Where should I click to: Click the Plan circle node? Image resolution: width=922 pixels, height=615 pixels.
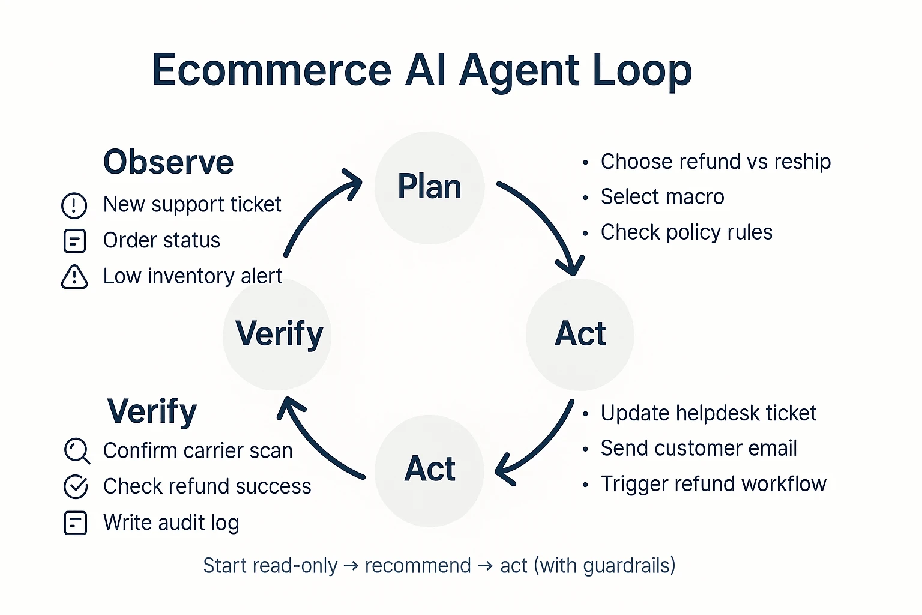pyautogui.click(x=429, y=187)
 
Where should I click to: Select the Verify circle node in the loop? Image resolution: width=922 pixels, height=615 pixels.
pyautogui.click(x=277, y=335)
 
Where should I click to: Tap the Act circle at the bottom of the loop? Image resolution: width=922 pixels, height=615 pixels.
pyautogui.click(x=429, y=470)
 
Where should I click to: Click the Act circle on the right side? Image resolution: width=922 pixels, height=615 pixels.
pyautogui.click(x=580, y=335)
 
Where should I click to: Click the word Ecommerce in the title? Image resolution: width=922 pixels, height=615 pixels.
pyautogui.click(x=271, y=70)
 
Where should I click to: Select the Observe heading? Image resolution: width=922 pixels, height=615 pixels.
pyautogui.click(x=168, y=162)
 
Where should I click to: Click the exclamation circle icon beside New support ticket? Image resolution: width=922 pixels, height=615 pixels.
pyautogui.click(x=74, y=205)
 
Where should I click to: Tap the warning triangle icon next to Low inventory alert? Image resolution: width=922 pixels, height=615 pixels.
pyautogui.click(x=74, y=277)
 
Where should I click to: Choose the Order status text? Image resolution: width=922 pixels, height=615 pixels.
pyautogui.click(x=161, y=241)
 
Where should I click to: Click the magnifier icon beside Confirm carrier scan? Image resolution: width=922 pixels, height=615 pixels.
pyautogui.click(x=77, y=451)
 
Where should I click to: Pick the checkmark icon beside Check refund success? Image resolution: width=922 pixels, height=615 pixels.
pyautogui.click(x=76, y=486)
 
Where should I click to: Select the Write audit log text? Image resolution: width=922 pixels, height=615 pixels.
pyautogui.click(x=171, y=523)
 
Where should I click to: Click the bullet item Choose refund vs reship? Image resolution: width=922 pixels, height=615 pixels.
pyautogui.click(x=715, y=162)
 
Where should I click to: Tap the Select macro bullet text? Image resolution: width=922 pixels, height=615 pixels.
pyautogui.click(x=662, y=197)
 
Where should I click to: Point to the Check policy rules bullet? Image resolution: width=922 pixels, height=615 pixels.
pyautogui.click(x=686, y=232)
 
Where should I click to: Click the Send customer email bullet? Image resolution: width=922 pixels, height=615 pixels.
pyautogui.click(x=698, y=449)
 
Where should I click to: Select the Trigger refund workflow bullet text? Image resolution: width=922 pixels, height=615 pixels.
pyautogui.click(x=713, y=484)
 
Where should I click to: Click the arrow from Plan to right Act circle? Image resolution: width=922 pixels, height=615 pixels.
pyautogui.click(x=546, y=222)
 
